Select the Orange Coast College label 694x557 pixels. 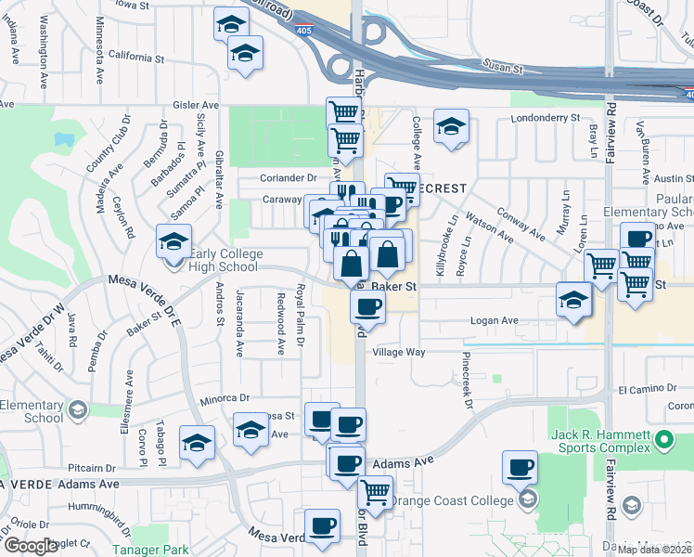point(451,501)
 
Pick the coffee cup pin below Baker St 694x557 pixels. point(367,308)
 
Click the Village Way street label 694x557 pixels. point(398,353)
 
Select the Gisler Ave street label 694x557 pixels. point(192,107)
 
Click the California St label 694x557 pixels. point(135,56)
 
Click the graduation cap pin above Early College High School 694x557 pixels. point(173,243)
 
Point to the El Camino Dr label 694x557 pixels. point(643,389)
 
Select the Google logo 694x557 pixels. point(31,546)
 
